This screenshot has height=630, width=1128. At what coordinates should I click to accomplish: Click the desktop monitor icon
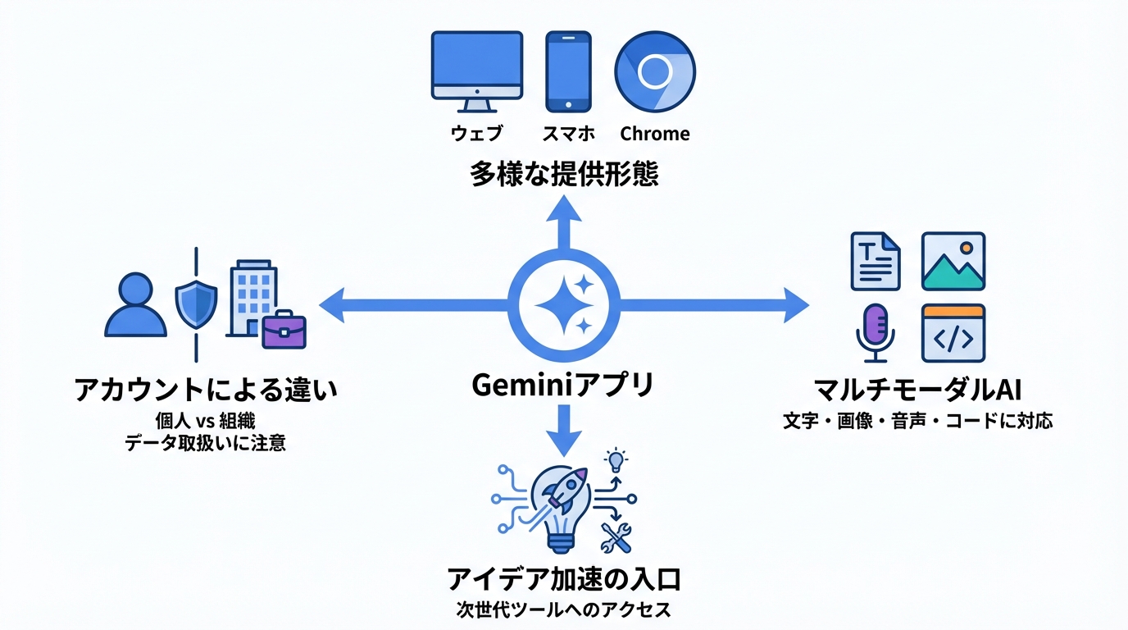click(476, 70)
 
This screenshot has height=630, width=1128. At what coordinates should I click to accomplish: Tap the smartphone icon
click(568, 71)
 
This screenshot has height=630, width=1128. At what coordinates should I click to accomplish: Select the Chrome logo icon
click(655, 72)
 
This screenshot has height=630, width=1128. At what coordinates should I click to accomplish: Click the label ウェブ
click(476, 134)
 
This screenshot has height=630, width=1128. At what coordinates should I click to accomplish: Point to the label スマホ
click(568, 134)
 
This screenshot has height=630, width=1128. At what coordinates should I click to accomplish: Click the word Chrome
click(655, 134)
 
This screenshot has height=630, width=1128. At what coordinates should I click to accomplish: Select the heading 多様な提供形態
click(564, 175)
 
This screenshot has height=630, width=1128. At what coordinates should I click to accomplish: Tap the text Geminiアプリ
click(564, 384)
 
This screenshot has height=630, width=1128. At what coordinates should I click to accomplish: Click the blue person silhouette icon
click(135, 305)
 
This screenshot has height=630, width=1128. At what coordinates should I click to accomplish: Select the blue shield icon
click(197, 304)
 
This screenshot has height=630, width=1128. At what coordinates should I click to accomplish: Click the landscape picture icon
click(953, 262)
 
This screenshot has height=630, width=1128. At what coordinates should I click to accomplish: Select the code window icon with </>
click(953, 333)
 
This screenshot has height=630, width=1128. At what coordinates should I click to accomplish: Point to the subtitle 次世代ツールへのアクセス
click(564, 610)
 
